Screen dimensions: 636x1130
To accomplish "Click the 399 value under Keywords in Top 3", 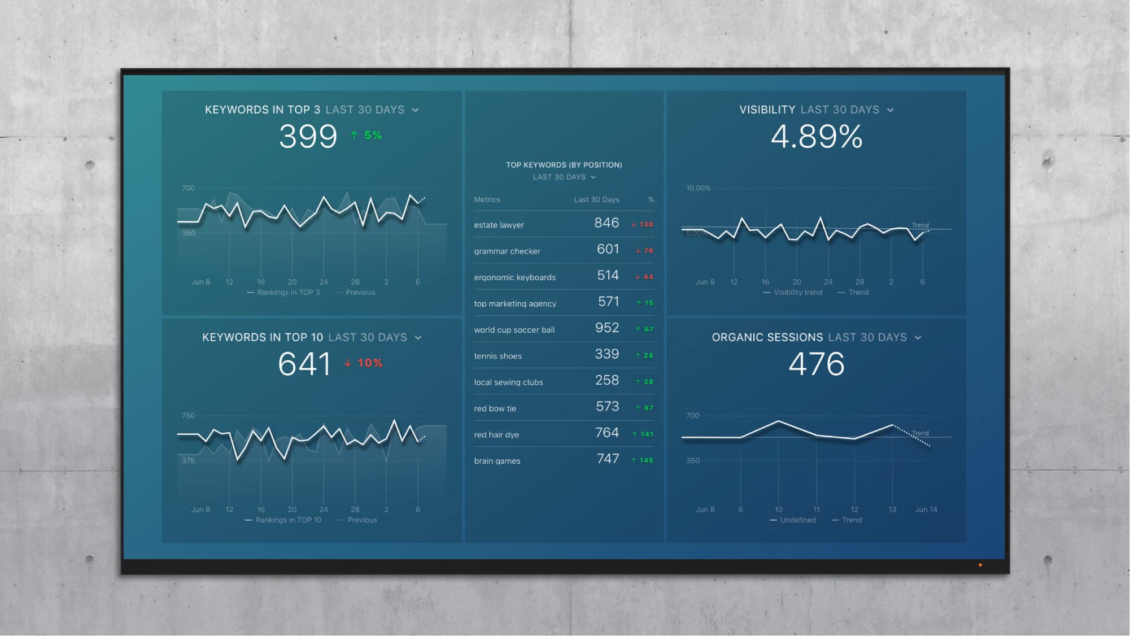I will point(308,137).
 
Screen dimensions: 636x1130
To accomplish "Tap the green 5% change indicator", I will point(367,136).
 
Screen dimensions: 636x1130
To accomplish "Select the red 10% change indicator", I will point(364,363).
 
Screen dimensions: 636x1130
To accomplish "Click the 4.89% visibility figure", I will point(817,137).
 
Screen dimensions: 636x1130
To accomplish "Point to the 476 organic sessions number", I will point(817,364).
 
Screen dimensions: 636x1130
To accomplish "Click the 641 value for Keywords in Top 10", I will point(304,364).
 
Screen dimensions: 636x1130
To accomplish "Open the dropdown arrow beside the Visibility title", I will point(891,110).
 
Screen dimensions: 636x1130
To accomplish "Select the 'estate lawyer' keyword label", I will point(499,225).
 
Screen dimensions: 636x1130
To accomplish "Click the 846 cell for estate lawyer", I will point(607,223).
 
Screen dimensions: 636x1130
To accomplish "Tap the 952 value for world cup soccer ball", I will point(607,328).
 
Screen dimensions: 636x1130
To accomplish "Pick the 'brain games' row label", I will point(497,461).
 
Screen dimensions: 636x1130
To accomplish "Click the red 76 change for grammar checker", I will point(645,251).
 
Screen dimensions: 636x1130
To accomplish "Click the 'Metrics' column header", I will point(487,200).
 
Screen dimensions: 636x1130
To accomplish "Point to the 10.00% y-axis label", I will point(698,188).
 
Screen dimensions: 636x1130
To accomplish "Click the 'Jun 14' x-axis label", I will point(926,509).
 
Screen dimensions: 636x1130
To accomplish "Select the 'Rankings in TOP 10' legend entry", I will point(288,520).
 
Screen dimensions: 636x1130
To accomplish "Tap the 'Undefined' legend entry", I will point(797,520).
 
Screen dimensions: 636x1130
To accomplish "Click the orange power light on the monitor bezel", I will point(980,565).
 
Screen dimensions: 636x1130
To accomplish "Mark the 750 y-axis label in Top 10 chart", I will point(188,416).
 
